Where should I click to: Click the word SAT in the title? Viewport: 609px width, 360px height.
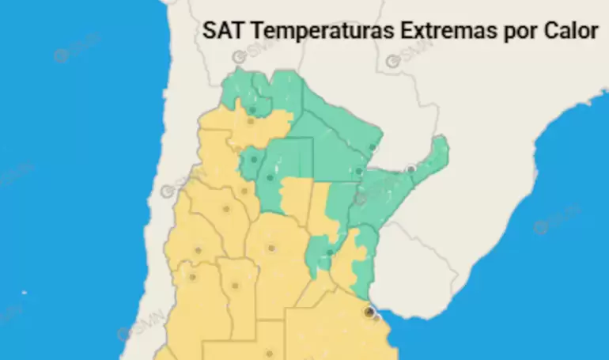click(x=218, y=31)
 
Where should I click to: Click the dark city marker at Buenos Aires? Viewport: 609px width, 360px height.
click(x=369, y=313)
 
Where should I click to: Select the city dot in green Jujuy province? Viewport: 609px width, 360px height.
click(x=252, y=110)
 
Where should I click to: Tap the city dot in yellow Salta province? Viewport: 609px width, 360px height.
click(x=250, y=121)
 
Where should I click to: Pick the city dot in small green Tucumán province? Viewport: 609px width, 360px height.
click(x=254, y=160)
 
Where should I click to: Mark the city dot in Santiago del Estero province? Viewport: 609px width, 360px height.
click(x=270, y=177)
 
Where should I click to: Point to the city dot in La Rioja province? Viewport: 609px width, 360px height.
click(x=226, y=210)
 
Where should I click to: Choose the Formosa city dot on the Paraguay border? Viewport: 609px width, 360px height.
click(x=373, y=147)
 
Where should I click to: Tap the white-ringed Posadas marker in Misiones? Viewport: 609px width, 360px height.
click(x=410, y=169)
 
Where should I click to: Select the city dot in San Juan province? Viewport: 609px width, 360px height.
click(x=198, y=251)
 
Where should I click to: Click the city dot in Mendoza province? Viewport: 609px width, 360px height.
click(x=192, y=277)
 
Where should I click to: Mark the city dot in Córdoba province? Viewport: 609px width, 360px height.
click(x=271, y=248)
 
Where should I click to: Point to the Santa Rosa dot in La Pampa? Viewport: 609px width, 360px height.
click(x=269, y=354)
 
